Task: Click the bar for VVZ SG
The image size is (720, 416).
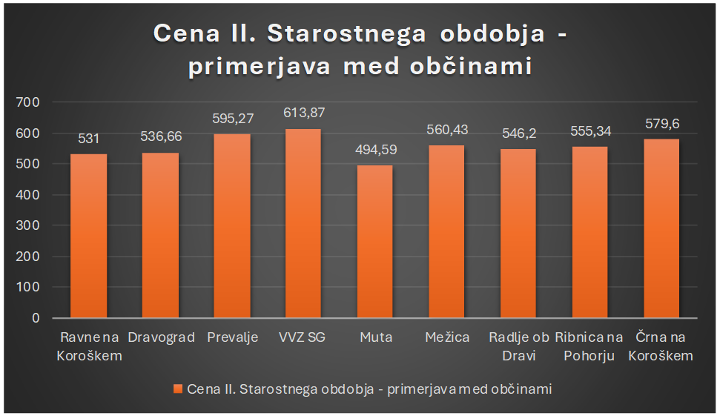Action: click(x=303, y=223)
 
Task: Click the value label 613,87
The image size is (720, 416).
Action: click(x=304, y=113)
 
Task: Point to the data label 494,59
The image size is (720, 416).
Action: click(x=376, y=150)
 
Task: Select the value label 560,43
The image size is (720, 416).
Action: click(x=447, y=130)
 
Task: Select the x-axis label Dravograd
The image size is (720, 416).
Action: click(x=161, y=337)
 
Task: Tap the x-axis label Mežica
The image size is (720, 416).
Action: click(x=447, y=337)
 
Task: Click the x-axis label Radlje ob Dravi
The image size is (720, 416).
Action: click(x=518, y=346)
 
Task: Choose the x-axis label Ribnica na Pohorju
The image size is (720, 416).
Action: click(x=589, y=346)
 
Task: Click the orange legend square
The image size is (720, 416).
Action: click(x=176, y=389)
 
